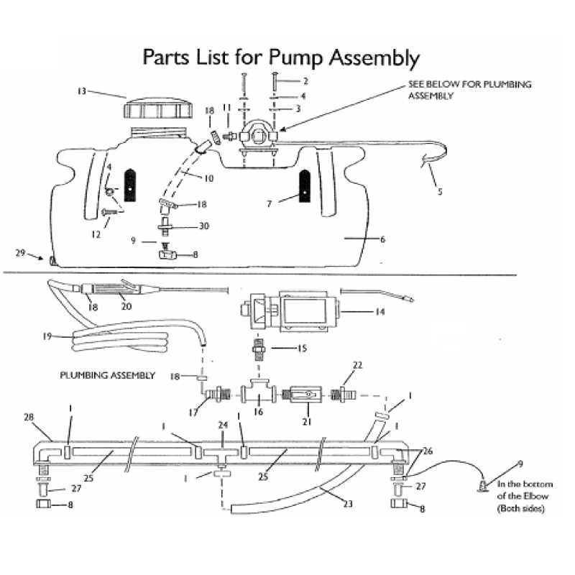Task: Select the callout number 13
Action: tap(82, 91)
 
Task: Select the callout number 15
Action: tap(303, 349)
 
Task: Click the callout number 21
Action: tap(307, 422)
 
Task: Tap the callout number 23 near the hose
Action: tap(347, 504)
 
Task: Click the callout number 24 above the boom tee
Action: tap(224, 425)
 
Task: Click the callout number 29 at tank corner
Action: tap(20, 252)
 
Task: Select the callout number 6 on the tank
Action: tap(382, 239)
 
